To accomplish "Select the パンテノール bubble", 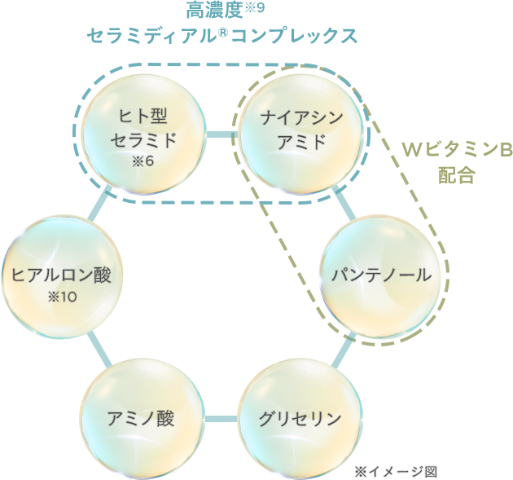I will coord(381,275).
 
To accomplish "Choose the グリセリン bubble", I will coord(300,420).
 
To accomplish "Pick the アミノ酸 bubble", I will coord(141,420).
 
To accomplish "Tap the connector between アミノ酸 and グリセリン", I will coord(220,421).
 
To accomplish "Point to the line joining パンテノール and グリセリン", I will coord(343,348).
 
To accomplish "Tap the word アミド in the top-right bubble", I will coord(301,142).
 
